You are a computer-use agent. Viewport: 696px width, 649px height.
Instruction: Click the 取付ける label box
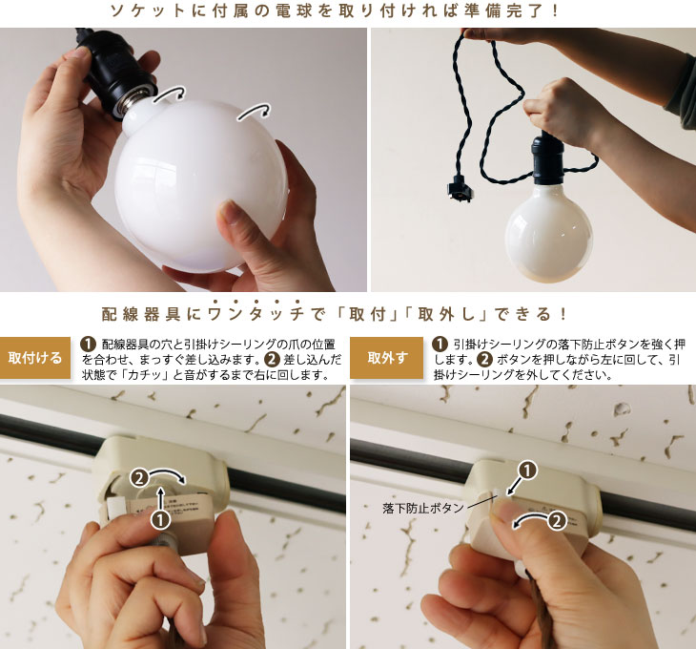coord(35,358)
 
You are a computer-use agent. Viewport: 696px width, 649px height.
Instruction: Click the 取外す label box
coord(386,358)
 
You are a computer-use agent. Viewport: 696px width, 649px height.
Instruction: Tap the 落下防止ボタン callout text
coord(423,508)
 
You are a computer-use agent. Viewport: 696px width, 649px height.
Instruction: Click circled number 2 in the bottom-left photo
coord(139,478)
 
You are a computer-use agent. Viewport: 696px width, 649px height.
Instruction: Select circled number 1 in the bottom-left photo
coord(161,520)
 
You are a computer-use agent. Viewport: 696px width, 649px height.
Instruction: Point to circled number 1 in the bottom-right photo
coord(527,471)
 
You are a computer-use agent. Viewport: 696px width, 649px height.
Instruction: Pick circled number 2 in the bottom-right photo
coord(558,520)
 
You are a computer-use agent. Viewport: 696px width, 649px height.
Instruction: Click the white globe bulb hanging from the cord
coord(548,231)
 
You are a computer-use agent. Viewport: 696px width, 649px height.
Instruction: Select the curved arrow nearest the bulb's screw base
coord(170,94)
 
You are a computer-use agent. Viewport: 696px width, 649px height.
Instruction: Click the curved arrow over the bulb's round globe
coord(255,112)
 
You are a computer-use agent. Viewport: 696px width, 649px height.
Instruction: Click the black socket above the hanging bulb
coord(547,157)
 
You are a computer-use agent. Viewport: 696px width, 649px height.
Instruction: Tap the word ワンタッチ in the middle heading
coord(256,314)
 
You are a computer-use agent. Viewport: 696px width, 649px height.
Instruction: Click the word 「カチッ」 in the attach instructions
coord(146,375)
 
